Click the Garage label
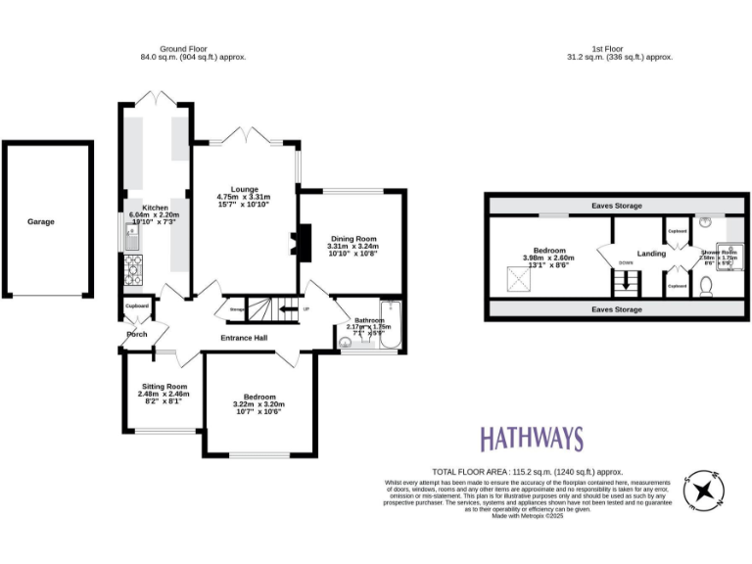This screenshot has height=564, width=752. point(41,222)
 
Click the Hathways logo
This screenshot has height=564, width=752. point(531,438)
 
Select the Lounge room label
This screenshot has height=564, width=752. point(244,189)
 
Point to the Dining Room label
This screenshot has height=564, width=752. point(352,239)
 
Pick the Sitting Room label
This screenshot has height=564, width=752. point(163,387)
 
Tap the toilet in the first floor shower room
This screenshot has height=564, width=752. point(707,287)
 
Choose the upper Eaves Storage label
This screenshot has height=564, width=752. point(617,207)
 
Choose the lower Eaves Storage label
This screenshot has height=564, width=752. point(617,309)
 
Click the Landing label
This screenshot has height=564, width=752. point(651,254)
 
